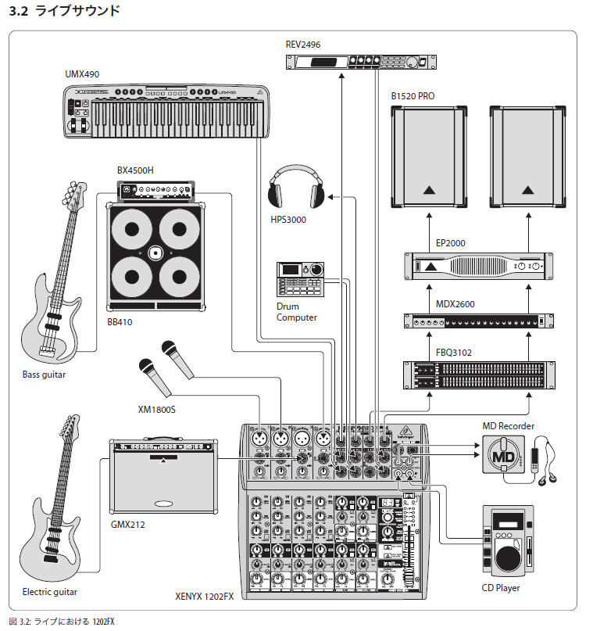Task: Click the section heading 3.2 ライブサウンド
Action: (64, 11)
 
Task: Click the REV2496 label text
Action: (303, 45)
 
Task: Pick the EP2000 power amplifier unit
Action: (474, 267)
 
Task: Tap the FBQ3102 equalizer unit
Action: (474, 375)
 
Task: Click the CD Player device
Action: (506, 542)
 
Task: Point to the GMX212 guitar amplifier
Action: (163, 475)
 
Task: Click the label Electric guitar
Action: (50, 592)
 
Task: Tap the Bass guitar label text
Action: (45, 375)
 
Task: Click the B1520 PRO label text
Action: (413, 96)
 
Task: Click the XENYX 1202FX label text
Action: (205, 596)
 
